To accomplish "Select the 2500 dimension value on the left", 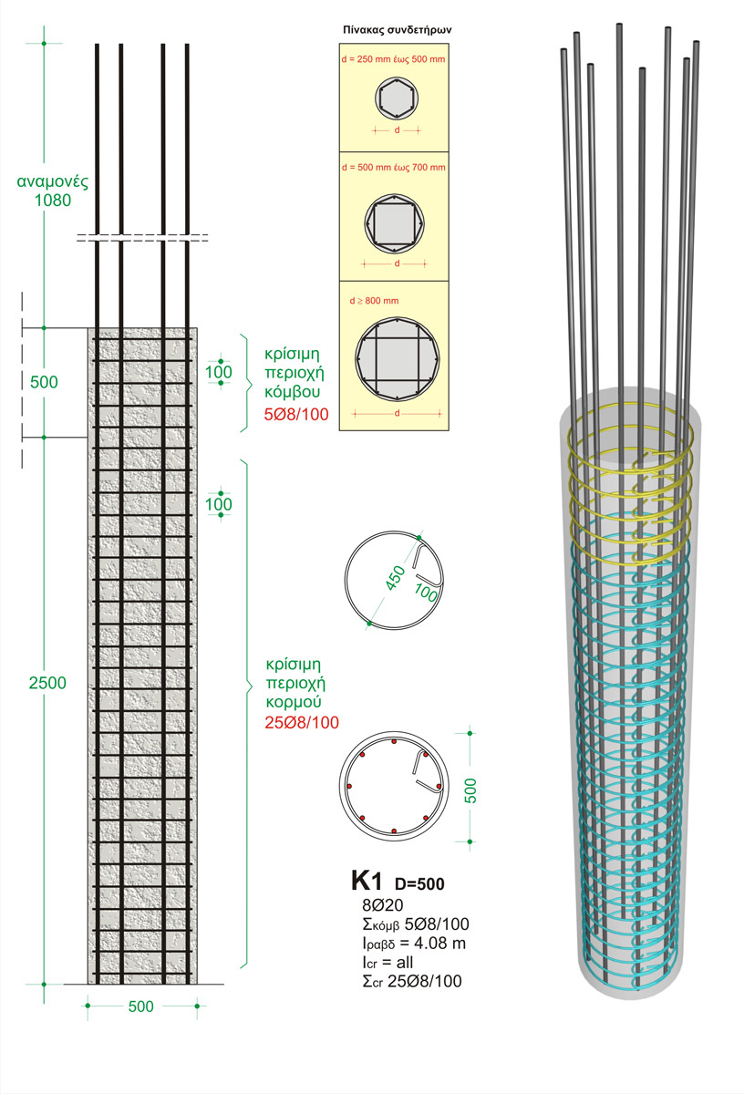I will click(x=47, y=683).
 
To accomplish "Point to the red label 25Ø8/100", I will click(x=303, y=723).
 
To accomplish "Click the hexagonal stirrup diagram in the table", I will click(x=396, y=98).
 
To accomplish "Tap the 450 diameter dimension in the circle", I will click(x=395, y=575).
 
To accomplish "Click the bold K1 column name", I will click(x=367, y=881).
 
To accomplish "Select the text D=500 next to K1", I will click(x=418, y=883).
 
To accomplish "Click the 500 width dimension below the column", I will click(x=140, y=1006).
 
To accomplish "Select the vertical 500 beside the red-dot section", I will click(x=470, y=787).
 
